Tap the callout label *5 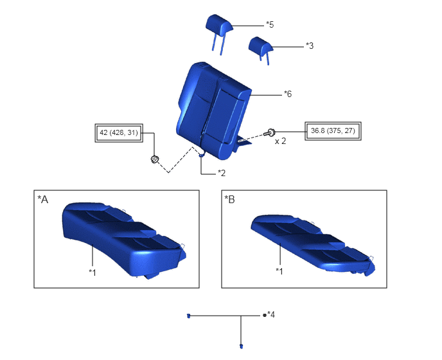click(x=270, y=24)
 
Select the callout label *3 click(x=310, y=46)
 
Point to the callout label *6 click(x=288, y=94)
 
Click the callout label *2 click(x=222, y=173)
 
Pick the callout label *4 click(x=271, y=314)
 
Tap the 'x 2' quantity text click(x=281, y=141)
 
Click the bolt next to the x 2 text click(x=269, y=132)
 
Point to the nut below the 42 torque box click(x=154, y=159)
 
